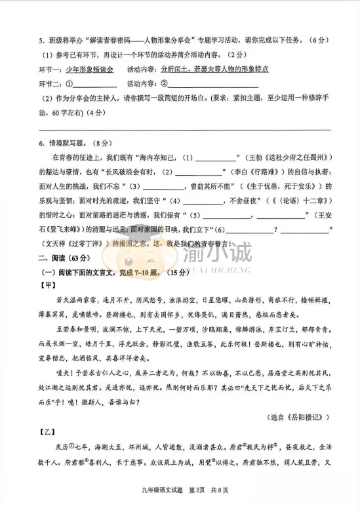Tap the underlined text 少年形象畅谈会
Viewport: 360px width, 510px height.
pos(90,69)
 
